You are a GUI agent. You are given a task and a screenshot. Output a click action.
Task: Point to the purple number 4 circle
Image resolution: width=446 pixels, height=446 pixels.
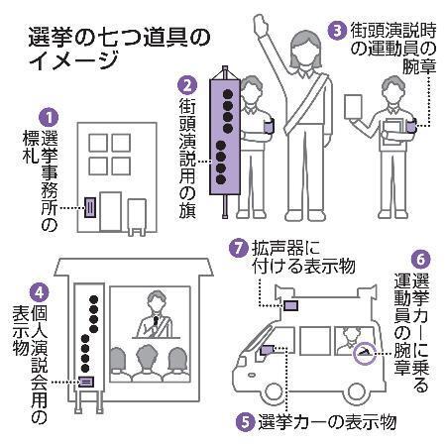(37, 292)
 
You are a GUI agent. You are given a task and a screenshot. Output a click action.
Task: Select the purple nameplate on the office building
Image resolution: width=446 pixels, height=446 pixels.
(90, 207)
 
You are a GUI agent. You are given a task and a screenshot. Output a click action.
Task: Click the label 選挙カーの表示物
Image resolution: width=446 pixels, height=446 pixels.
(325, 421)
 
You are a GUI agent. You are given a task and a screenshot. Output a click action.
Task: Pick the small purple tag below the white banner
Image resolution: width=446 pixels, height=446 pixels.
(87, 381)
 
